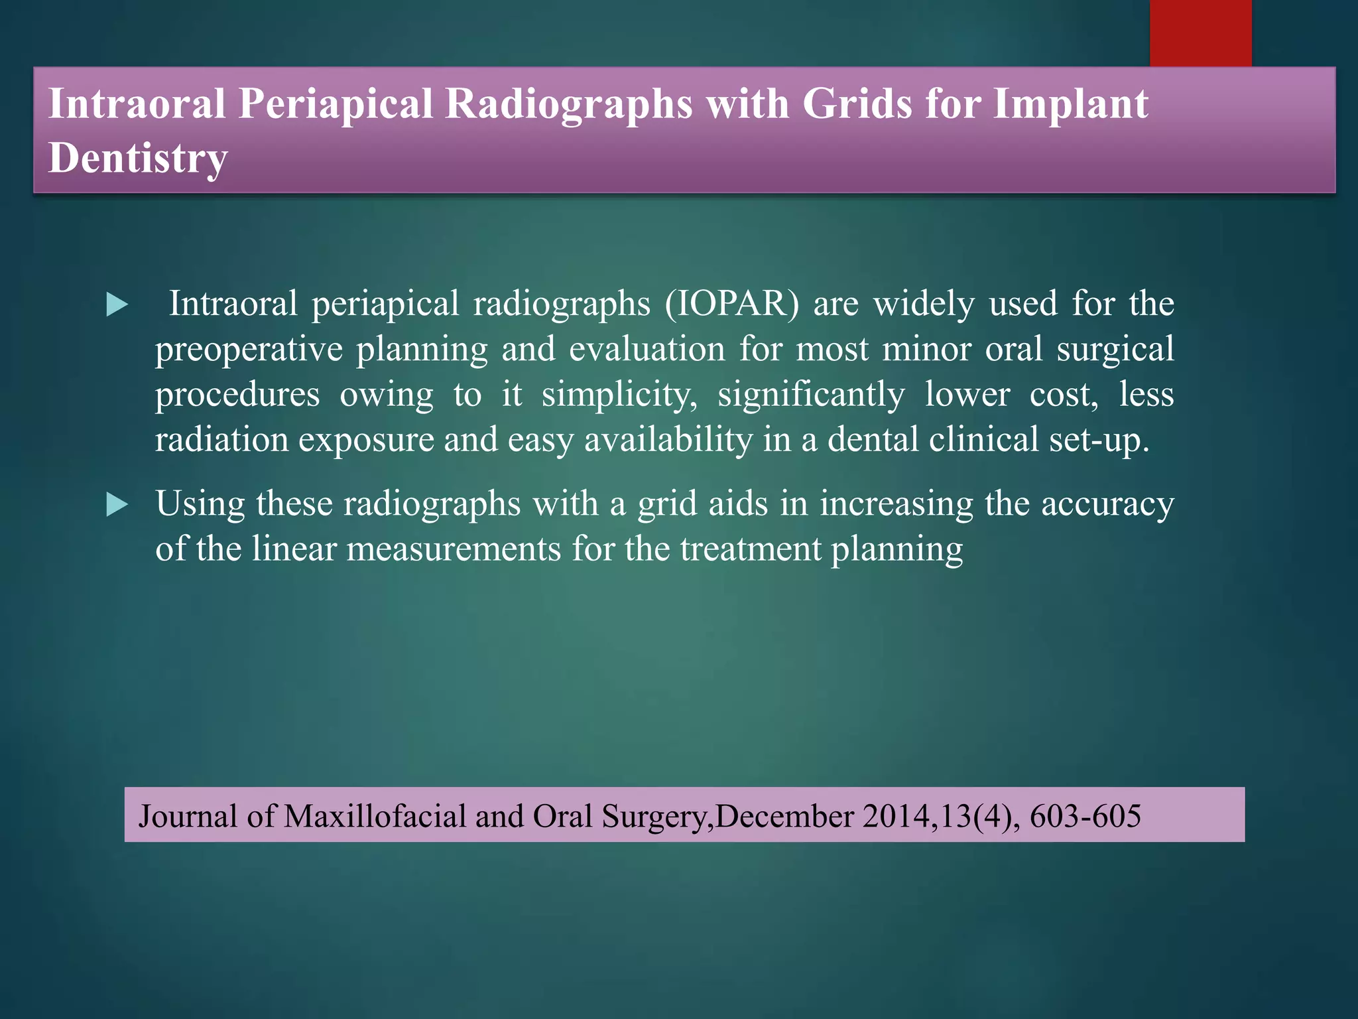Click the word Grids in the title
(857, 104)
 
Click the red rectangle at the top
(1200, 33)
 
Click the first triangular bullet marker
(117, 305)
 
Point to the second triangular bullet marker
(117, 506)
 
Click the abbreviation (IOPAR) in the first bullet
(732, 304)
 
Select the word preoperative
(249, 350)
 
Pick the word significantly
(811, 395)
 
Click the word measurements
(454, 549)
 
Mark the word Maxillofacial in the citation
(375, 816)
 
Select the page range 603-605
(1085, 816)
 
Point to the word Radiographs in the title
(568, 104)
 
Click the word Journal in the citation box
(188, 816)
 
